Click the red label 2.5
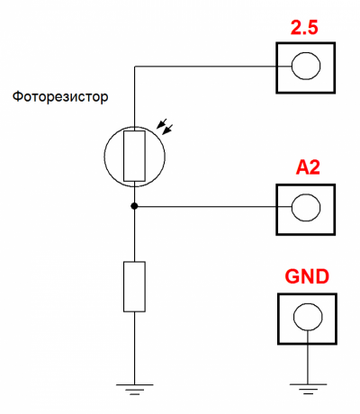click(304, 28)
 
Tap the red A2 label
click(308, 167)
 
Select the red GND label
click(307, 276)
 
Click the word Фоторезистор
click(60, 97)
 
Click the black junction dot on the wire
click(134, 206)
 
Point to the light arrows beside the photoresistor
click(165, 127)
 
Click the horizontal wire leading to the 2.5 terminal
click(205, 67)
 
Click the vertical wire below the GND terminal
click(308, 357)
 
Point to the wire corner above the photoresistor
click(135, 67)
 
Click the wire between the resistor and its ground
click(134, 348)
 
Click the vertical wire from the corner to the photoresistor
click(135, 98)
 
